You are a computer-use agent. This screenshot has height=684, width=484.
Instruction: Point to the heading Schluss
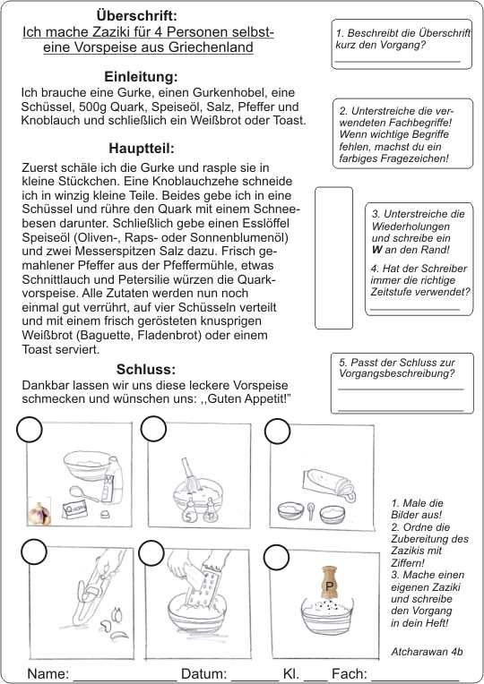pos(146,369)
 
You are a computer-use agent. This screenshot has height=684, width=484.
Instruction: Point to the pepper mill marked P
pos(330,584)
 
